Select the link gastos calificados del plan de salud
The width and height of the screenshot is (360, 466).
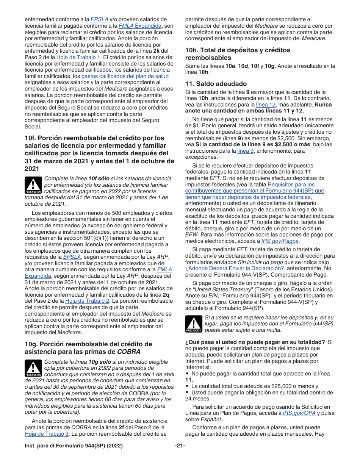125,76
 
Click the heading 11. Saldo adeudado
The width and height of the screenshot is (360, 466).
216,84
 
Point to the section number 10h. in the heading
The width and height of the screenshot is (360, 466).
192,50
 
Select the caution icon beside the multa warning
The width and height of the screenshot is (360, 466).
194,324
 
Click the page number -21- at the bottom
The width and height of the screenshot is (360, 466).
180,445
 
